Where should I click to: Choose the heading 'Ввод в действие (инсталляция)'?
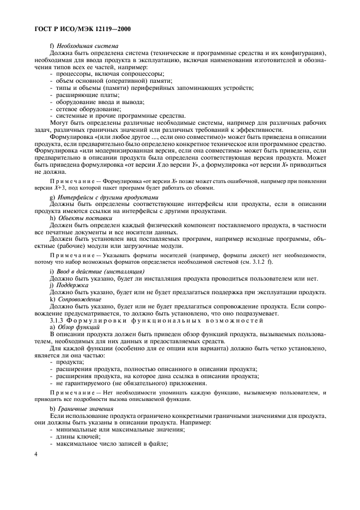pyautogui.click(x=101, y=271)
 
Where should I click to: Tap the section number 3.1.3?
pyautogui.click(x=58, y=320)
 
